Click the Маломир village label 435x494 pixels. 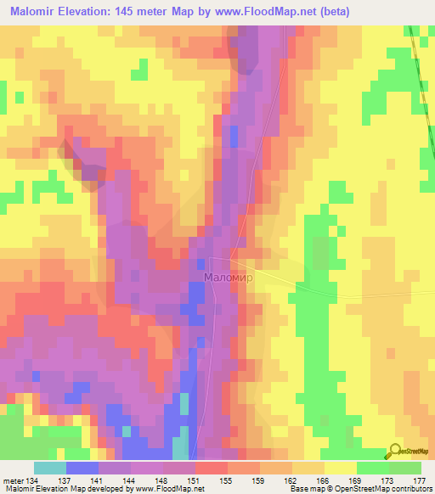click(x=229, y=278)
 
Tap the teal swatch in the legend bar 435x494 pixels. click(x=50, y=468)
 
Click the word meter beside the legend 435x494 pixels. click(x=14, y=480)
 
